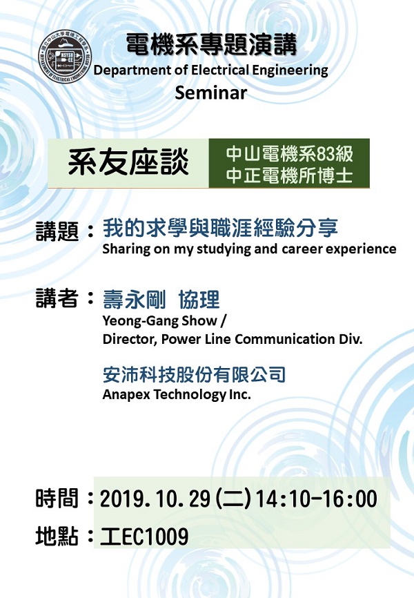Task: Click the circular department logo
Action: [65, 56]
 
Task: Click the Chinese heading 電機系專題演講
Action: [211, 45]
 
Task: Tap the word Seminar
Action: [211, 93]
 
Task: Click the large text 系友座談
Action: [128, 162]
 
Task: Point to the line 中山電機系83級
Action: [289, 154]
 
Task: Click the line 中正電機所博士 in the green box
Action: [289, 175]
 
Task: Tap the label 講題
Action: [57, 231]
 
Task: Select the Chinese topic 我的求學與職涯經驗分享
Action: [220, 228]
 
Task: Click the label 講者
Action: [57, 298]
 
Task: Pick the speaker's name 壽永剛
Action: [134, 300]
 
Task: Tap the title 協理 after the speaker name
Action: [199, 300]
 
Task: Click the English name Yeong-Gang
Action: [141, 320]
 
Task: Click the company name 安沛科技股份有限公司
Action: [194, 374]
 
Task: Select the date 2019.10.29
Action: [155, 499]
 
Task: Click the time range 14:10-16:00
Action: [317, 499]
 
